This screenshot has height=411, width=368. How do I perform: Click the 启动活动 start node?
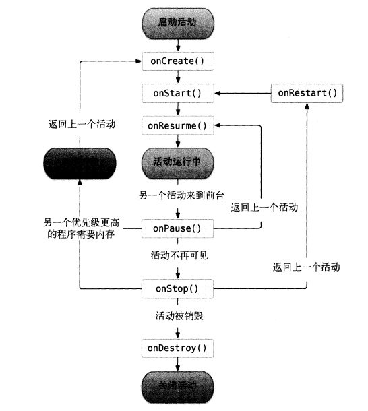pyautogui.click(x=177, y=22)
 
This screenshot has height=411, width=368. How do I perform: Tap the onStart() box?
pyautogui.click(x=177, y=93)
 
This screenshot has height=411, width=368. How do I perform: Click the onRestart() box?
pyautogui.click(x=307, y=93)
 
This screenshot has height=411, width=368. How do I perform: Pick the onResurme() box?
pyautogui.click(x=177, y=125)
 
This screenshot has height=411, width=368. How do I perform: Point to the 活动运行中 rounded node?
pyautogui.click(x=177, y=162)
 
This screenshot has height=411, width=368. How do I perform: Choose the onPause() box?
pyautogui.click(x=177, y=228)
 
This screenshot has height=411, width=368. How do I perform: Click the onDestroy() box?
pyautogui.click(x=177, y=348)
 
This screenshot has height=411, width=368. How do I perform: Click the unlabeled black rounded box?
pyautogui.click(x=78, y=162)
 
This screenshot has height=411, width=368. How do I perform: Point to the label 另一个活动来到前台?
pyautogui.click(x=177, y=195)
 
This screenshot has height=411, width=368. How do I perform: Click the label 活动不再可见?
pyautogui.click(x=177, y=257)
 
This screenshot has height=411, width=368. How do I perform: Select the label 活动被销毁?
pyautogui.click(x=177, y=317)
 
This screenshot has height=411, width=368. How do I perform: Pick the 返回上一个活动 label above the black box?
pyautogui.click(x=78, y=124)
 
